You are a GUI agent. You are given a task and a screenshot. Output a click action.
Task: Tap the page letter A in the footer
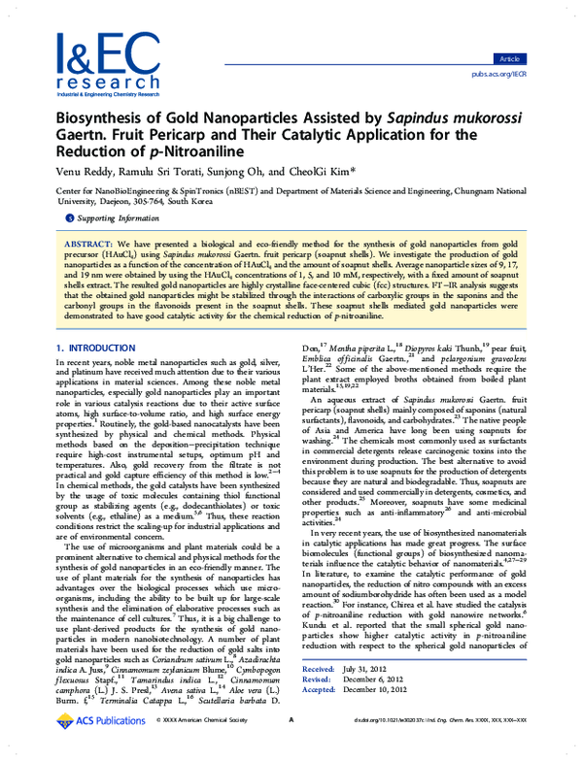point(291,746)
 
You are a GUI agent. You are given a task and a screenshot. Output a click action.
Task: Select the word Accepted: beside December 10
point(320,718)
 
